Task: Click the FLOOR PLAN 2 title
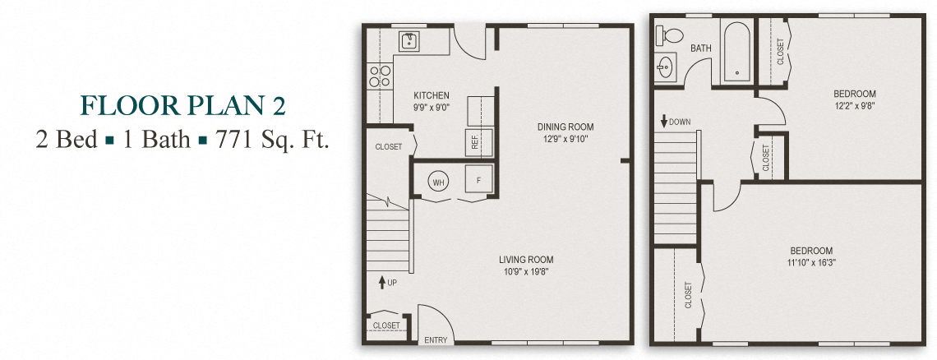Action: pyautogui.click(x=182, y=106)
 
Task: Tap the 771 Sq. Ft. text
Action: pyautogui.click(x=272, y=140)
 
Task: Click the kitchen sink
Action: pyautogui.click(x=408, y=40)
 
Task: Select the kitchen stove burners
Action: pyautogui.click(x=379, y=76)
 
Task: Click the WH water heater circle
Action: pyautogui.click(x=438, y=182)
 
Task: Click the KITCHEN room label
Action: pyautogui.click(x=431, y=95)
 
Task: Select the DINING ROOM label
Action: pyautogui.click(x=565, y=127)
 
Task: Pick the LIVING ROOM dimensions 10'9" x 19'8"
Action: pyautogui.click(x=526, y=271)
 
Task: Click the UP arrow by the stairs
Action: pyautogui.click(x=382, y=283)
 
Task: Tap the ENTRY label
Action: pyautogui.click(x=435, y=340)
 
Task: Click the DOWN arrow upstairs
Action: pyautogui.click(x=663, y=122)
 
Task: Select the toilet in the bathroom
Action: pyautogui.click(x=669, y=35)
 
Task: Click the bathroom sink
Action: pyautogui.click(x=666, y=67)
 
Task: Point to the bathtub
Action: pyautogui.click(x=736, y=53)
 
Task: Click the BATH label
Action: pyautogui.click(x=701, y=48)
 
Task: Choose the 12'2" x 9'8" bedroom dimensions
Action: pyautogui.click(x=856, y=106)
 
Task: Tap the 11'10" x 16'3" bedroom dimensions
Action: pyautogui.click(x=811, y=263)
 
